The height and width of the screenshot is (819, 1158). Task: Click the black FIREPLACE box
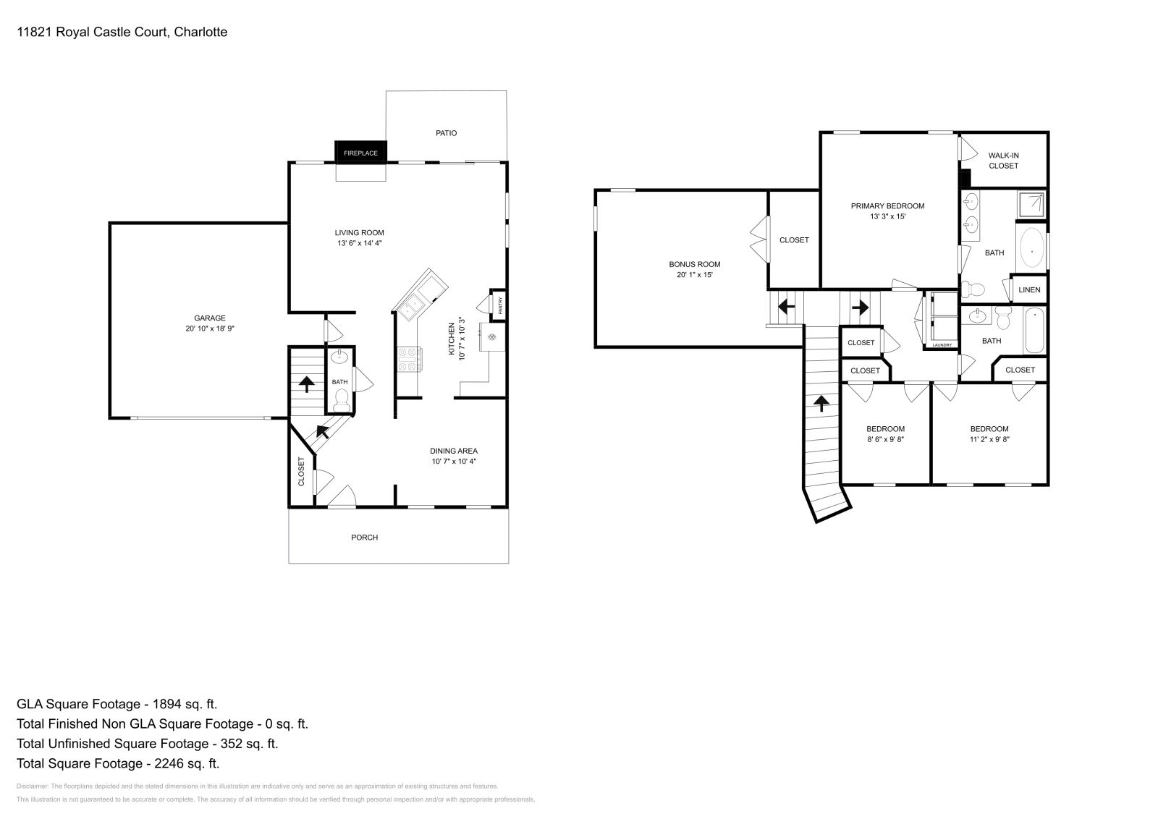[360, 153]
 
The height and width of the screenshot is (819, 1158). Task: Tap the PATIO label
[446, 133]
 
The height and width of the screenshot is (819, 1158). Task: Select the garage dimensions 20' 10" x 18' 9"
[210, 328]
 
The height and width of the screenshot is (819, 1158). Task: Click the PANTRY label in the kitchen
[499, 305]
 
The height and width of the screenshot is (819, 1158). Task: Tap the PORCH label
[364, 538]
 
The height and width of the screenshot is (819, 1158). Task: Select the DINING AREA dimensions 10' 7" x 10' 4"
[454, 462]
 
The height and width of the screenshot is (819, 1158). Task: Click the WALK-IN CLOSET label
[1003, 161]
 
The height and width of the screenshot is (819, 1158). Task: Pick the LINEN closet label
[1029, 290]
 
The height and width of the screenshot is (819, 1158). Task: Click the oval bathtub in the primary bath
[1032, 248]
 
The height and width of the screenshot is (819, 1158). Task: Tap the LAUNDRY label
[942, 345]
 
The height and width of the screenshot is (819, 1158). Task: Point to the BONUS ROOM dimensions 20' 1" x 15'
[694, 275]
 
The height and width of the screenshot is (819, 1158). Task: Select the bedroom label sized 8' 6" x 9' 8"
[885, 439]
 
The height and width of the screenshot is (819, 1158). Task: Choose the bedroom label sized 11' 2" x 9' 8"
[989, 439]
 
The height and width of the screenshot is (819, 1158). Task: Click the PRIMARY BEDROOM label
[887, 206]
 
